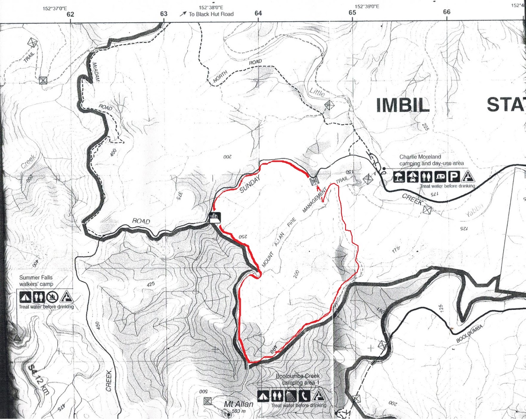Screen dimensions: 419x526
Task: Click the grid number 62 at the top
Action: tap(70, 14)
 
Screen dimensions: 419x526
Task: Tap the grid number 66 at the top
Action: tap(446, 12)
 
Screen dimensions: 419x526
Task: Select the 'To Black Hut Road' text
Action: tap(211, 14)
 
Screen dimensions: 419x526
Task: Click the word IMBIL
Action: tap(403, 105)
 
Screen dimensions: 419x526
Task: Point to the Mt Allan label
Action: tap(239, 404)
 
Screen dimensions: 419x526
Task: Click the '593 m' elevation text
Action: tap(239, 411)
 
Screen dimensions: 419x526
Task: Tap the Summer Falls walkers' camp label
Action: tap(36, 281)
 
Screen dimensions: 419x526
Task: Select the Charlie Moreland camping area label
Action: tap(431, 160)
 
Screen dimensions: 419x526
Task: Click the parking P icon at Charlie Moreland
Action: tap(453, 177)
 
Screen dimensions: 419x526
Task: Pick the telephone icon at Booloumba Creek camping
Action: tap(304, 396)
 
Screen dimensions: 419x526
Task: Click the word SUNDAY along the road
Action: tap(250, 184)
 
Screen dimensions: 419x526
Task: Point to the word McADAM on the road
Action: tap(96, 72)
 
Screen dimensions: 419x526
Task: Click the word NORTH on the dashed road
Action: tap(220, 77)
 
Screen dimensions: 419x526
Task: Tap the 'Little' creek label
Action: tap(317, 92)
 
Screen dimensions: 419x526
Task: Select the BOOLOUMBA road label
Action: tap(469, 333)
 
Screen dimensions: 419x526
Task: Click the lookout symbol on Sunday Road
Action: tap(215, 217)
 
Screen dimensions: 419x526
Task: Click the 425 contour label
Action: tap(151, 284)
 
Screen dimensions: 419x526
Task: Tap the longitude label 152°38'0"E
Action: tap(211, 7)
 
